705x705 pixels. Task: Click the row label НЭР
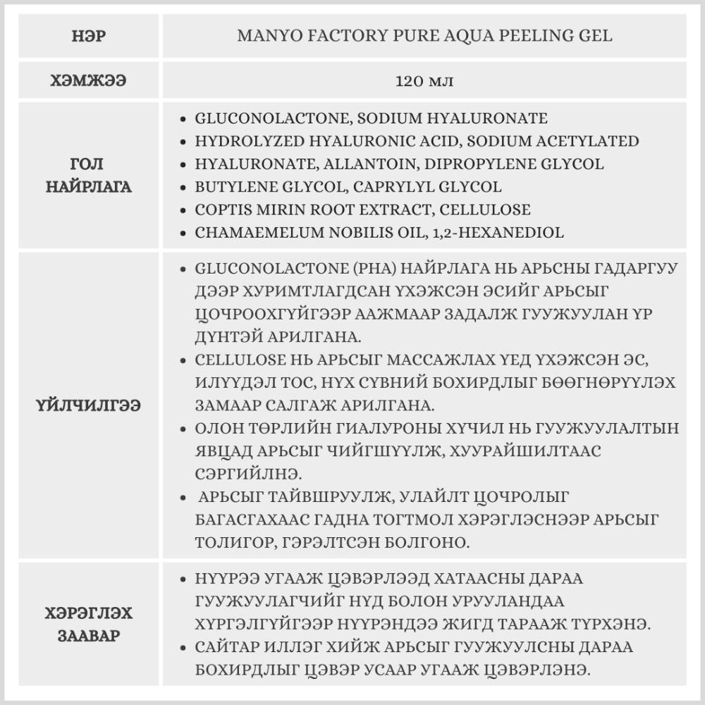click(88, 35)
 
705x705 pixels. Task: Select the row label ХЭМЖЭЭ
click(88, 80)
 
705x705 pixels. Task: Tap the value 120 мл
click(424, 80)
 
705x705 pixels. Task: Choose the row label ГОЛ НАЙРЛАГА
click(88, 176)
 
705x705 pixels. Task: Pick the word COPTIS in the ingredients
click(221, 210)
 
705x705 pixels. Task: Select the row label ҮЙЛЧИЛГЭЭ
click(88, 405)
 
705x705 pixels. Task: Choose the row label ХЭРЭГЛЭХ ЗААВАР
click(88, 624)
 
